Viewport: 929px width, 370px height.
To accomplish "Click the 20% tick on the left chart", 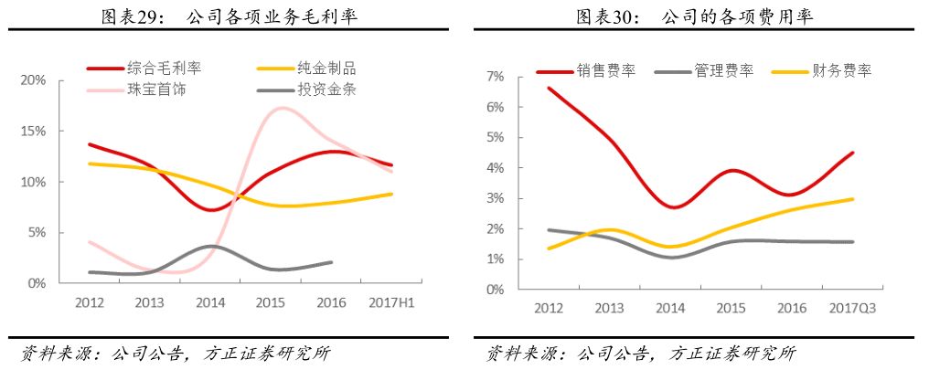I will (x=34, y=80).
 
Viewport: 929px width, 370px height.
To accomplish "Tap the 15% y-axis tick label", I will (x=34, y=131).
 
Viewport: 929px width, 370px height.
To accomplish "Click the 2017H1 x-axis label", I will (x=392, y=302).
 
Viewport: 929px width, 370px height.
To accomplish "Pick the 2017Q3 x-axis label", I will (x=851, y=308).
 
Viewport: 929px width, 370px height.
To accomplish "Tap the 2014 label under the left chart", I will (x=211, y=302).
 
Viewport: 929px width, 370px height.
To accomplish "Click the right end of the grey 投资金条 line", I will (x=332, y=262).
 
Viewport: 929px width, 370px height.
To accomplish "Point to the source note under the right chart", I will (x=640, y=353).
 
